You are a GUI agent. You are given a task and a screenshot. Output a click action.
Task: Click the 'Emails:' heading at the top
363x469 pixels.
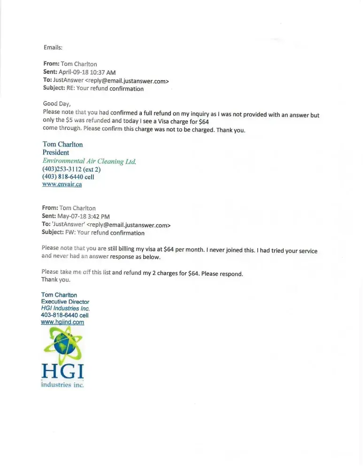click(53, 47)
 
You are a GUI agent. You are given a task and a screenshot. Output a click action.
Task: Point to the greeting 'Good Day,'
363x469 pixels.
click(57, 104)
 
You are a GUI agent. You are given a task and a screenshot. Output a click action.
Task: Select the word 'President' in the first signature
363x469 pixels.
click(56, 152)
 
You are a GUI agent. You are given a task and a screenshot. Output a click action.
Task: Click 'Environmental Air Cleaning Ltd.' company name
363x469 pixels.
click(89, 161)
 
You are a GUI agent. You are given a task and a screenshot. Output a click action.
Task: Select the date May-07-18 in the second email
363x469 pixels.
click(73, 216)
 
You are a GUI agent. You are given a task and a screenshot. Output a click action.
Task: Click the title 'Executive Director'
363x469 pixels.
click(65, 302)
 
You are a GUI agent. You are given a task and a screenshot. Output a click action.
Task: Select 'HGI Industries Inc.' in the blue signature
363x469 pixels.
click(65, 309)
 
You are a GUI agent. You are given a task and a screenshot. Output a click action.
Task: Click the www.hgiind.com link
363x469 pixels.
click(63, 322)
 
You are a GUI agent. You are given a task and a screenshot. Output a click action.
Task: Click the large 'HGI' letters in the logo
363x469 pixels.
click(63, 372)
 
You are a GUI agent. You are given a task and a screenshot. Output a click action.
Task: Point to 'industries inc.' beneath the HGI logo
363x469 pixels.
click(63, 385)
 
